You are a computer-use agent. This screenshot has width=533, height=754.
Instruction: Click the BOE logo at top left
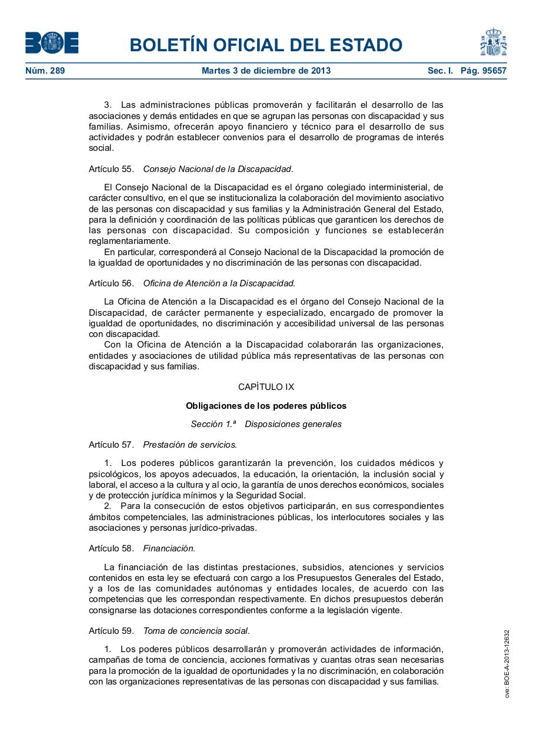52,43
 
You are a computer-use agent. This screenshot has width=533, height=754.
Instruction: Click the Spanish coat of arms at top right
493,42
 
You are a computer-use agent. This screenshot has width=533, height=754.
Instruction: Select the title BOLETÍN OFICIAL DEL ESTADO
266,45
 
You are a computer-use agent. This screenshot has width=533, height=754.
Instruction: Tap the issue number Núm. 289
45,71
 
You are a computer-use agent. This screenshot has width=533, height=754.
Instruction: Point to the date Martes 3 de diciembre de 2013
266,71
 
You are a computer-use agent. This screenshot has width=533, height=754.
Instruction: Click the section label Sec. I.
440,71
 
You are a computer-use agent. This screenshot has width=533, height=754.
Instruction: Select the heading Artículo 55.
111,169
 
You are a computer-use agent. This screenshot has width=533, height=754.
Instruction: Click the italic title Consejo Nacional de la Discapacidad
218,169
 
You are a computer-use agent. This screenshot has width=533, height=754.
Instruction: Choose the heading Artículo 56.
111,283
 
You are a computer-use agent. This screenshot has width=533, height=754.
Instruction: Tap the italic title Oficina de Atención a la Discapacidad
219,283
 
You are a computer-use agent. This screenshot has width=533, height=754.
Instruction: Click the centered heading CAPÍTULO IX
266,387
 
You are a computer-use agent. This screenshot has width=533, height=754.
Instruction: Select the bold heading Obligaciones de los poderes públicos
266,406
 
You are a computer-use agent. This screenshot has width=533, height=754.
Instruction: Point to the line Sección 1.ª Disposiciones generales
266,424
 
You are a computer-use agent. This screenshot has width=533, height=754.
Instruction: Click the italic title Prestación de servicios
189,445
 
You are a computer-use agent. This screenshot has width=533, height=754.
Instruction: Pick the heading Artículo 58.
111,548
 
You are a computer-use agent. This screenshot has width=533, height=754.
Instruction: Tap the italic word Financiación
169,548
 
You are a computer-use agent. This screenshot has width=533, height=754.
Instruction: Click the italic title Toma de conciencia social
196,631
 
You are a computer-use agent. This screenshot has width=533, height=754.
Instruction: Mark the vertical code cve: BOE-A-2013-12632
507,664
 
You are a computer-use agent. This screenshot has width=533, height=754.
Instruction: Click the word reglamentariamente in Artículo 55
129,241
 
